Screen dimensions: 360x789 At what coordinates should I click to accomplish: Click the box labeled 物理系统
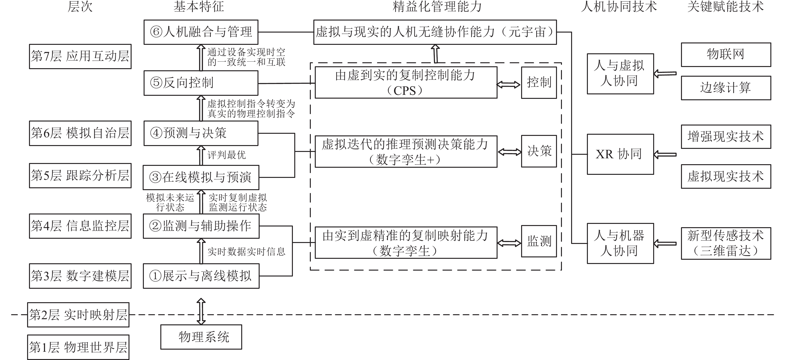click(x=201, y=337)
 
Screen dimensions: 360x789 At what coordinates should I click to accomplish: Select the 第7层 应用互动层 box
click(x=80, y=56)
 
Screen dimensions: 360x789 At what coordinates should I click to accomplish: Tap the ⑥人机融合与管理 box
click(x=201, y=32)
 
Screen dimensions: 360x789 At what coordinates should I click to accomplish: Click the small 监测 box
click(x=539, y=241)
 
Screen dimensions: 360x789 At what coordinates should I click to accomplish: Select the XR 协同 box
click(x=620, y=154)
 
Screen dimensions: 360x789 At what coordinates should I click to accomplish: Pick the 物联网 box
click(x=726, y=55)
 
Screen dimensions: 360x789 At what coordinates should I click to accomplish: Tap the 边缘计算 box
click(x=726, y=88)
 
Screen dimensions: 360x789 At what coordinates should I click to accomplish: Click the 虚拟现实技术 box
click(x=726, y=176)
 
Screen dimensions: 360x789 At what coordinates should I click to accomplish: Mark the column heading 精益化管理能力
click(x=437, y=7)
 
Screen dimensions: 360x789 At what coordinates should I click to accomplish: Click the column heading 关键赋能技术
click(x=725, y=7)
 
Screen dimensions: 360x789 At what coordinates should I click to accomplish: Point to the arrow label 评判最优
click(x=227, y=155)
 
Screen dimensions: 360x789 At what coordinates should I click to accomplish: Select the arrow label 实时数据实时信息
click(x=246, y=251)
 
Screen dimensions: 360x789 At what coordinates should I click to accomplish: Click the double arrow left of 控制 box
click(x=509, y=84)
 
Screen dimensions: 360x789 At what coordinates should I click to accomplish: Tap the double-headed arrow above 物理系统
click(x=201, y=311)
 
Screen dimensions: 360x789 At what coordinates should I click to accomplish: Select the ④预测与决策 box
click(x=201, y=133)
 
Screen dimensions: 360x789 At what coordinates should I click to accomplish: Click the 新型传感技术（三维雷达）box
click(x=726, y=243)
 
